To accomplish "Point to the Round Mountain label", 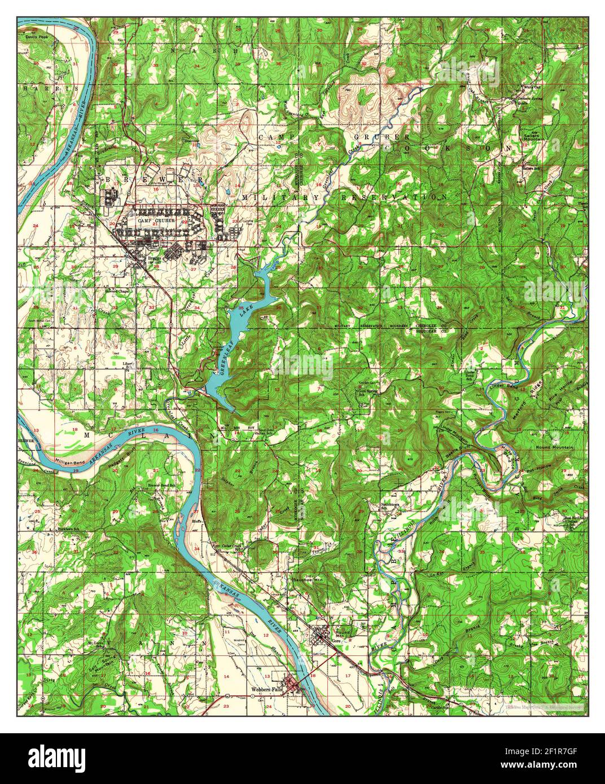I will tap(555, 447).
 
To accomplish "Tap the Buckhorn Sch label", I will tap(71, 528).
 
